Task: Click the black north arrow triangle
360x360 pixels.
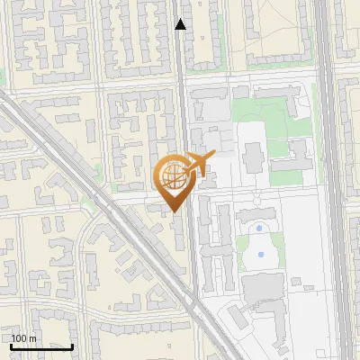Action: [181, 24]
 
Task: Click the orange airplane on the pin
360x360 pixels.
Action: [199, 164]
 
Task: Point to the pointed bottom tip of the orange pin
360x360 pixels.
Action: [174, 212]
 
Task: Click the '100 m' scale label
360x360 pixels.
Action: [24, 337]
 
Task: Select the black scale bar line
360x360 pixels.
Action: [42, 346]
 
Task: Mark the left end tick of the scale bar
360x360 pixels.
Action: [12, 346]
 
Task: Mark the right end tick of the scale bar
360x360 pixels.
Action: [73, 346]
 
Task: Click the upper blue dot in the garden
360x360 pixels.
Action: [259, 229]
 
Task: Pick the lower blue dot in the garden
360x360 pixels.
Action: [260, 255]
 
